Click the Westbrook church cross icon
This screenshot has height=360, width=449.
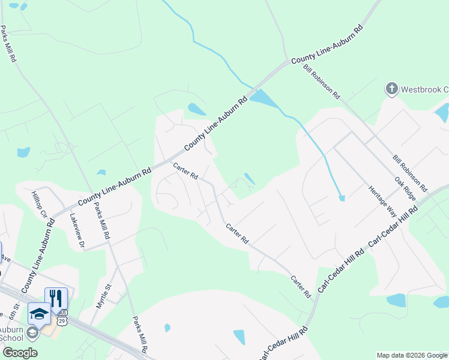point(391,89)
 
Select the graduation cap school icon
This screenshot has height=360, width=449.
point(39,314)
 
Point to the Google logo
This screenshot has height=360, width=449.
point(20,353)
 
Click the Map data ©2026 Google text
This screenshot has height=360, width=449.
point(412,355)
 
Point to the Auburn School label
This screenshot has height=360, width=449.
point(11,332)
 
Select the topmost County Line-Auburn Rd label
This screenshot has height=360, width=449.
point(327,44)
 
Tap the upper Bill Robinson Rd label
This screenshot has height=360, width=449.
point(322,81)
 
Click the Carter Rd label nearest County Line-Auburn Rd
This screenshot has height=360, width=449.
point(185,172)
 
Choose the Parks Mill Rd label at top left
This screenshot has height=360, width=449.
point(9,44)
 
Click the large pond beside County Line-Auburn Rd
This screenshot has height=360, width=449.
point(262,97)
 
